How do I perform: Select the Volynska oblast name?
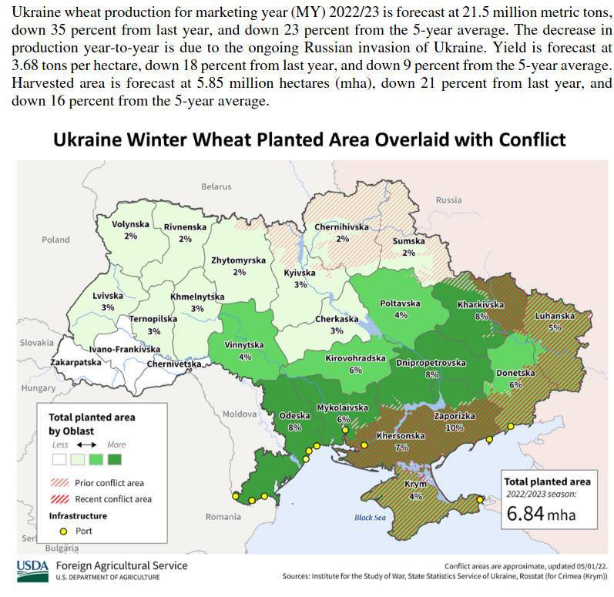[130, 224]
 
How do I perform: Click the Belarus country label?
[216, 186]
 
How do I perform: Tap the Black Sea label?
[370, 518]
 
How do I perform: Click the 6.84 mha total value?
[541, 513]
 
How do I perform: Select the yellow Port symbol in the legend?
[63, 531]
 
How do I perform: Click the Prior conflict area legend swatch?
[59, 483]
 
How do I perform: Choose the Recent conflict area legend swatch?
[59, 499]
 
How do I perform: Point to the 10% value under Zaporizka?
[454, 428]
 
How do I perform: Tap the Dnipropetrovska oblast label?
[431, 363]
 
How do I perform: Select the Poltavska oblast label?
[400, 304]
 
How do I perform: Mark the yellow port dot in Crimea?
[481, 500]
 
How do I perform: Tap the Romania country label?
[223, 517]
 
